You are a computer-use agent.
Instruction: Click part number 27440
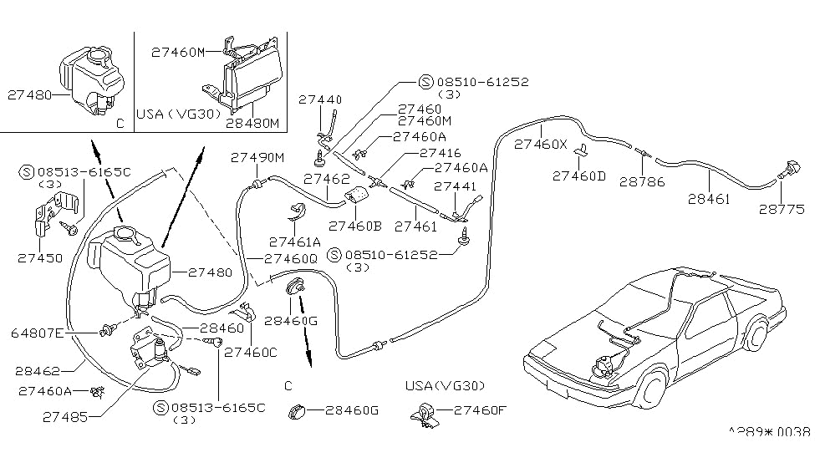tap(321, 99)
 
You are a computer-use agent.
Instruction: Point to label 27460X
tap(541, 144)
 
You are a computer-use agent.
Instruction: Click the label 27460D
tap(579, 175)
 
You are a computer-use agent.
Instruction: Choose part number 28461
tap(709, 199)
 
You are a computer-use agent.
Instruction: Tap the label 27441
tap(455, 186)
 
